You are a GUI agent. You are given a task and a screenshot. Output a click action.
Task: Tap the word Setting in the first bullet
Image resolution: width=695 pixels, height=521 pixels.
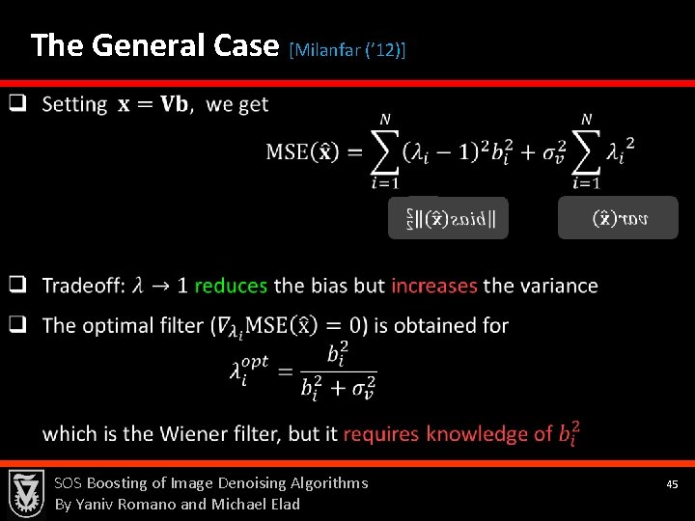tap(75, 104)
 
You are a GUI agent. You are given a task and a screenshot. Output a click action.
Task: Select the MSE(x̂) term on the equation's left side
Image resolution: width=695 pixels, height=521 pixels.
tap(302, 152)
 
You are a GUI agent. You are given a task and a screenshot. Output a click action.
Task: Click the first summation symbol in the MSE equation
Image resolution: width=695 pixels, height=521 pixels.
tap(384, 151)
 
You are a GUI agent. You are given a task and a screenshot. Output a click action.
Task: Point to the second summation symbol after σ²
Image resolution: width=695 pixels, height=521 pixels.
tap(586, 151)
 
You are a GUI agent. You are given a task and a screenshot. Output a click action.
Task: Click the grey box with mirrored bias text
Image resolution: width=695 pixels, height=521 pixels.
tap(448, 218)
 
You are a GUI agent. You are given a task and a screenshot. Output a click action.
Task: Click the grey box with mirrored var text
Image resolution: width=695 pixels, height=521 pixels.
tap(618, 218)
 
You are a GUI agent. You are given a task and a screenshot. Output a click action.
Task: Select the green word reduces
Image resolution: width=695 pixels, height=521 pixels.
tap(231, 286)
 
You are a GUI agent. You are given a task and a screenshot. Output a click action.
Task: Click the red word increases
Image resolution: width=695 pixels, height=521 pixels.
tap(434, 286)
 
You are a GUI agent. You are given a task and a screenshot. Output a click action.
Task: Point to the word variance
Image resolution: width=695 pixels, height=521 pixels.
tap(559, 286)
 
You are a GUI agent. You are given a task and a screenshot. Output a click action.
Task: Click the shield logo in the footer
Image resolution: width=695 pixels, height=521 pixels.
tap(26, 494)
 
